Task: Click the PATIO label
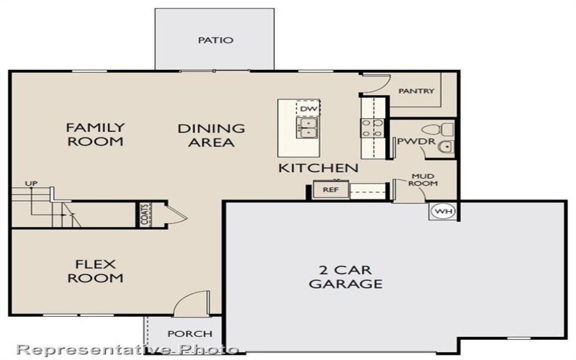216,40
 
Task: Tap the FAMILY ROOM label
95,135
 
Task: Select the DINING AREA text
211,135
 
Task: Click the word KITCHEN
318,168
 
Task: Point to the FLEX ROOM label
95,271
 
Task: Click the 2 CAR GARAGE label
346,276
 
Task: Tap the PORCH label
190,334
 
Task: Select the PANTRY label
416,91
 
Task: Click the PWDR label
410,141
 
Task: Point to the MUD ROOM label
423,179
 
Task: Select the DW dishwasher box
308,109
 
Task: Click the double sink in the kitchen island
308,129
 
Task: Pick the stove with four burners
372,127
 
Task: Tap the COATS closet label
145,215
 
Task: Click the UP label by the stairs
31,184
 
